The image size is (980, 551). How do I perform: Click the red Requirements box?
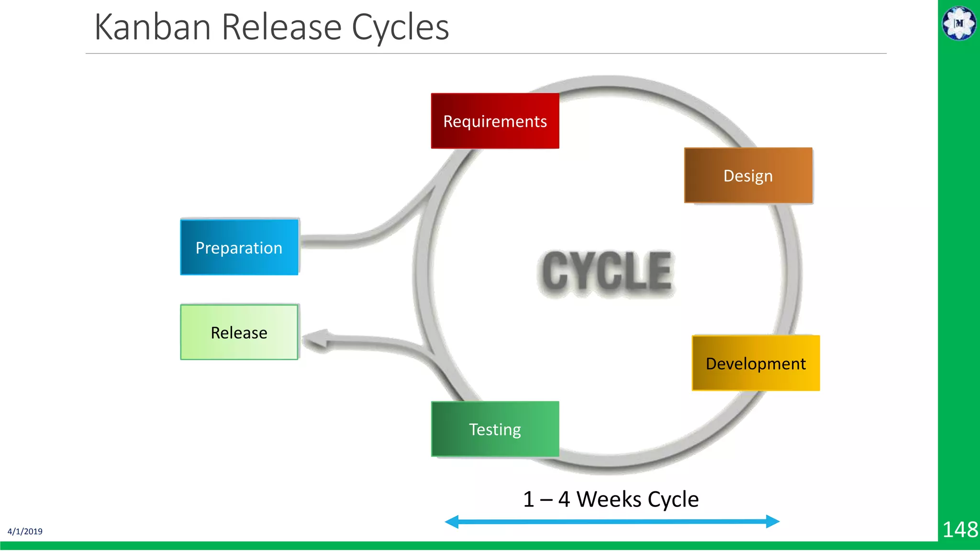(495, 121)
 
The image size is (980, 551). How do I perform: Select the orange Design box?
(748, 176)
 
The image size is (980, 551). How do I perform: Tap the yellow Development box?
(756, 364)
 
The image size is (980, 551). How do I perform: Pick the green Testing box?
(495, 429)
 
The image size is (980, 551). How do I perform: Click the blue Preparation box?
(239, 247)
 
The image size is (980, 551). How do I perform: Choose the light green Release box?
(239, 332)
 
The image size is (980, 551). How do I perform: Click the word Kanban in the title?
(153, 27)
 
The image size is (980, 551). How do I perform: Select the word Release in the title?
(281, 27)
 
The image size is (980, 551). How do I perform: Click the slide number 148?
(959, 530)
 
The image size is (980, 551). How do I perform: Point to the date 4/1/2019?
(25, 531)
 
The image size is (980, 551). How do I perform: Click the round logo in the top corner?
(959, 23)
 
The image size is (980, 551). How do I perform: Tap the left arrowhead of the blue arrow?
(452, 522)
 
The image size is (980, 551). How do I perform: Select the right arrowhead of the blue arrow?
(773, 521)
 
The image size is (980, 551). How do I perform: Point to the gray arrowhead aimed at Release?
(317, 340)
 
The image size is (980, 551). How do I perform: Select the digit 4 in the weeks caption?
(564, 499)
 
